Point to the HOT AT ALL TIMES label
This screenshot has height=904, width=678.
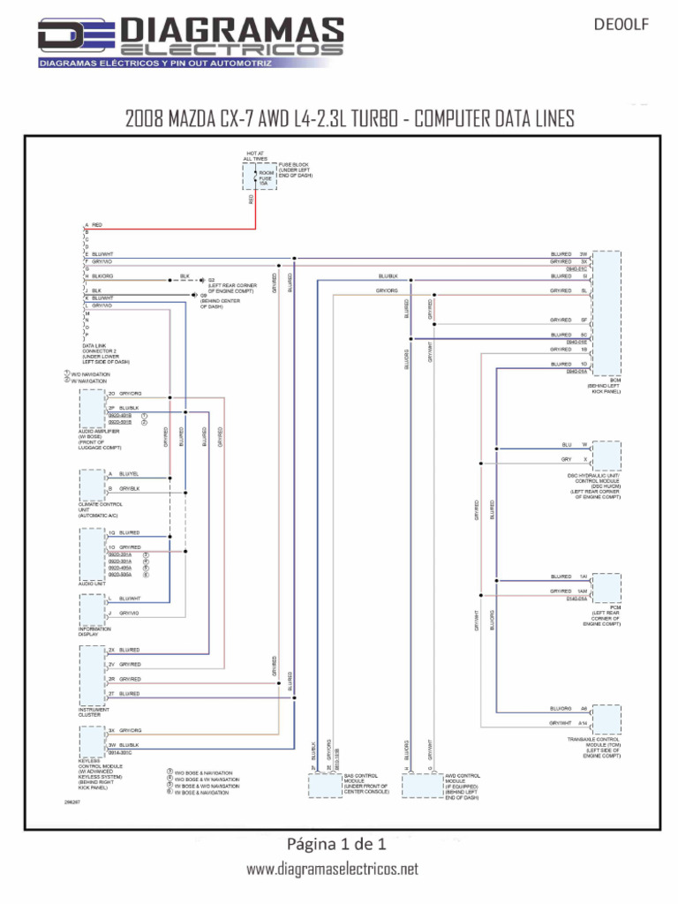pos(254,156)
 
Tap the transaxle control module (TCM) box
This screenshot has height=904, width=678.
pos(606,718)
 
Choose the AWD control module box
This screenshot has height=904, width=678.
pos(420,784)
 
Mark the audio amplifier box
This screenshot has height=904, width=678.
pos(92,408)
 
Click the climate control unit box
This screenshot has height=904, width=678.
pos(92,484)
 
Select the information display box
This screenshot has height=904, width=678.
pos(92,609)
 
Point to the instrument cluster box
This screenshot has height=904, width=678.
pos(92,676)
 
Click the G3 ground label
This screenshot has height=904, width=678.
pos(212,279)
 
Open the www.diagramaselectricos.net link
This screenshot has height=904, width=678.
pos(332,870)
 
